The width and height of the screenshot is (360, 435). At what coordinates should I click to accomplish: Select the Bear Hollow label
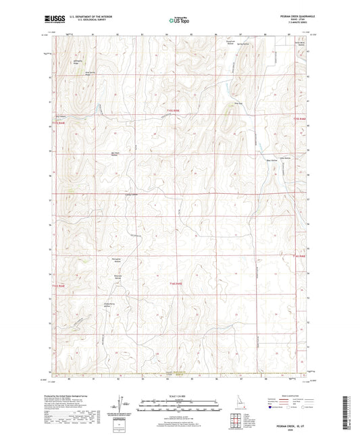(272, 160)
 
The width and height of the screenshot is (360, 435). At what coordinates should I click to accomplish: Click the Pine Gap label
(237, 103)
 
